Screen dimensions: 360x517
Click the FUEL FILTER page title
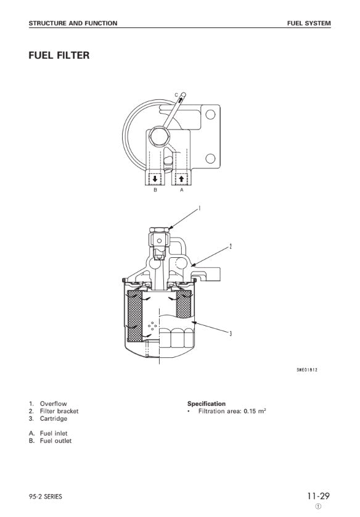point(59,55)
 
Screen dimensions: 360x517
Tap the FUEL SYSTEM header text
point(309,23)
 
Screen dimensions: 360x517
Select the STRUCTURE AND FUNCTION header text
point(73,23)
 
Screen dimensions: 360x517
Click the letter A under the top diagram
point(181,190)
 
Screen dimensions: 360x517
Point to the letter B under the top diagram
point(155,190)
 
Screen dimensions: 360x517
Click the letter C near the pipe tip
point(176,95)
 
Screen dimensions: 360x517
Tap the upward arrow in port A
point(181,179)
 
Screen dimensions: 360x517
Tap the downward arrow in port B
point(155,179)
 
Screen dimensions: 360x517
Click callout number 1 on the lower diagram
point(199,208)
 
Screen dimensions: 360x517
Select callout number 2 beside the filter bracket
point(231,246)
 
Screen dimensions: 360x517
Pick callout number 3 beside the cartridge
point(231,333)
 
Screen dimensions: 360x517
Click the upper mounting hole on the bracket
point(210,115)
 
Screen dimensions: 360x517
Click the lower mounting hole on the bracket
point(210,159)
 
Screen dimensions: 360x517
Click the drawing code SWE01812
point(307,370)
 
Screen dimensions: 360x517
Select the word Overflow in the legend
point(54,403)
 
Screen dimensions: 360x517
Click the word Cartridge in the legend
point(54,419)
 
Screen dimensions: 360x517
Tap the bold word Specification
point(207,403)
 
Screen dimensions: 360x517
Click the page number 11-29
point(319,496)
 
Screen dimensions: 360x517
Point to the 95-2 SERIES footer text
point(45,497)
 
